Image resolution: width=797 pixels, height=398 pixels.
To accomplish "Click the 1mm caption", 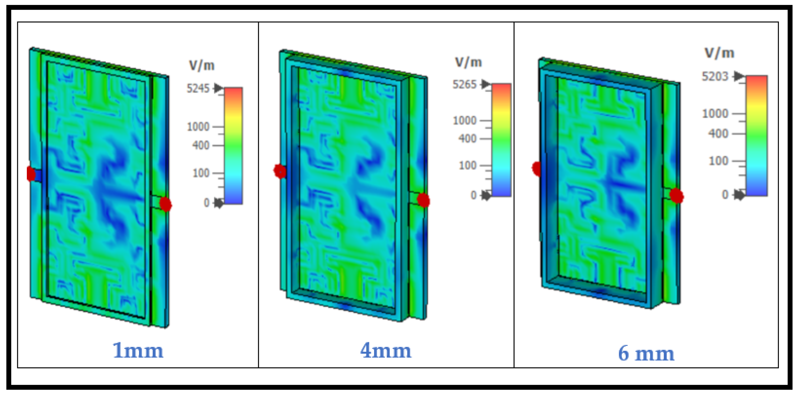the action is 138,351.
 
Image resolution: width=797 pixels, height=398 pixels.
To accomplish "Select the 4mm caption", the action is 386,351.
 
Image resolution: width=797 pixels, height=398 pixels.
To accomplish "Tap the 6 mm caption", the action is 646,353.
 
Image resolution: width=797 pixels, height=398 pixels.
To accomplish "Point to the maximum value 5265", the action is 465,84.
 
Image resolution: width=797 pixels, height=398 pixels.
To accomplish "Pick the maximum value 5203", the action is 715,76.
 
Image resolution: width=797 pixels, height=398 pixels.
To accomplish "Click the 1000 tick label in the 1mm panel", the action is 198,127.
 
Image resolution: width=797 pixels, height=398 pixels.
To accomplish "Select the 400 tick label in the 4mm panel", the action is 468,139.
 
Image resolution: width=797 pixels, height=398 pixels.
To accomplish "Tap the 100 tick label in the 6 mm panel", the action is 718,161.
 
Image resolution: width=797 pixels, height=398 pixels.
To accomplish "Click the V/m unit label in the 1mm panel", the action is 202,66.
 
